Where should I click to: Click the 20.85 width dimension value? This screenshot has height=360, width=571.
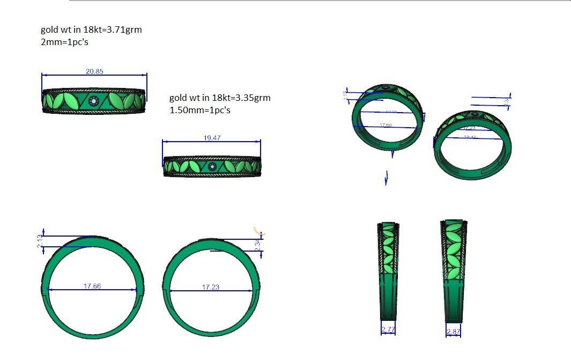(x=94, y=71)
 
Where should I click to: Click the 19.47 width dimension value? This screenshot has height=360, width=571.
(x=212, y=138)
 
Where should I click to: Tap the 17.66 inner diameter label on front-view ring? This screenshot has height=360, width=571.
(x=92, y=286)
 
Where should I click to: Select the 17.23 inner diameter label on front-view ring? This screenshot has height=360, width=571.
(x=211, y=287)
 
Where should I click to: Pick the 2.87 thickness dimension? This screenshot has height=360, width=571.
(x=453, y=332)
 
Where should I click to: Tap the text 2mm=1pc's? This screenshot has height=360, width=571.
(x=64, y=42)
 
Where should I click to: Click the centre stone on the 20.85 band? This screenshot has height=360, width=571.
(x=94, y=101)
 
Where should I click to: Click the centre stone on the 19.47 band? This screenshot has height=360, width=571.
(x=212, y=167)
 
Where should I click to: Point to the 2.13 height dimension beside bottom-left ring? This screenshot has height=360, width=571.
(x=40, y=241)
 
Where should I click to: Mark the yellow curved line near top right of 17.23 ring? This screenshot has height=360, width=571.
(x=258, y=230)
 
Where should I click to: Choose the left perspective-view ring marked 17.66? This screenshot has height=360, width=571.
(x=387, y=117)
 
